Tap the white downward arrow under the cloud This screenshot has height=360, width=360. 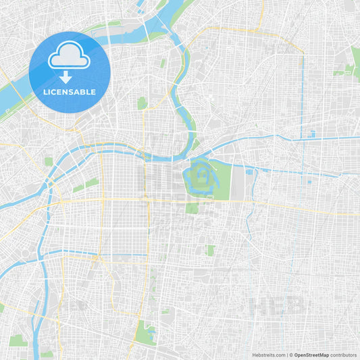[x=66, y=76]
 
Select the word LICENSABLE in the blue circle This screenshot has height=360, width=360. [x=70, y=92]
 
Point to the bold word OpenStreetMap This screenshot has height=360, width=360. [x=311, y=354]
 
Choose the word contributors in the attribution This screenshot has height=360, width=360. [x=343, y=354]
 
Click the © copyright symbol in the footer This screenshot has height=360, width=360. [x=291, y=354]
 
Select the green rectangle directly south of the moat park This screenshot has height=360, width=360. [x=192, y=207]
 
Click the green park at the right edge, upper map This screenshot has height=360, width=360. [x=355, y=57]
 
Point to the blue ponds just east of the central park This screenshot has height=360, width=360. [x=250, y=173]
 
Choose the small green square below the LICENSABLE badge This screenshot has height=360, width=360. [x=142, y=103]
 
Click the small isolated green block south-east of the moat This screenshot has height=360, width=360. [x=210, y=250]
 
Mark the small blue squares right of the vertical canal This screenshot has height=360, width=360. [x=311, y=134]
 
